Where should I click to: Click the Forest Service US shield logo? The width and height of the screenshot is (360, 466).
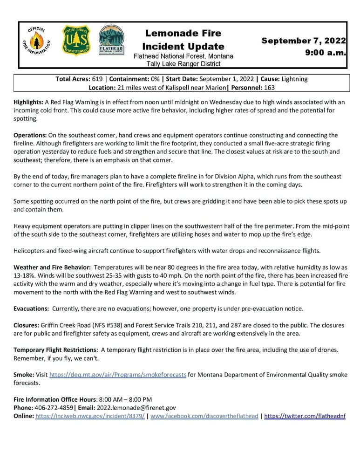click(x=76, y=41)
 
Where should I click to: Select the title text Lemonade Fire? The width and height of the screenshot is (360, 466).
click(x=183, y=33)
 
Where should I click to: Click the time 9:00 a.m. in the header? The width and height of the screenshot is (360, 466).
click(x=326, y=53)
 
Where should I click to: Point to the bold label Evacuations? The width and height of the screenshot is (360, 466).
click(x=31, y=308)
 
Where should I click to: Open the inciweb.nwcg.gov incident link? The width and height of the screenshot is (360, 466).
click(x=90, y=416)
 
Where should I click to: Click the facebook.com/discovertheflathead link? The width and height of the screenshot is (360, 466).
click(x=204, y=416)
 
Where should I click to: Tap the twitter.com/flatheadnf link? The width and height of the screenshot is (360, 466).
click(x=305, y=416)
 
